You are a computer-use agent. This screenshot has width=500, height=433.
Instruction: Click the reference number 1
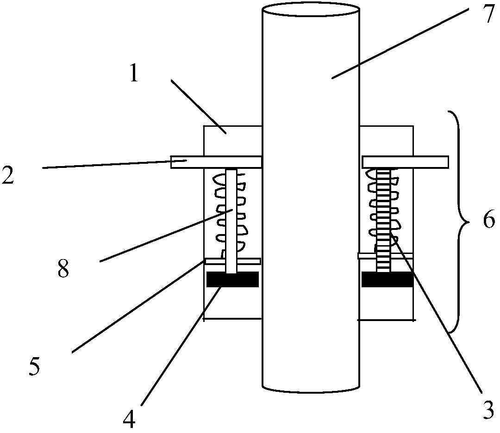click(134, 74)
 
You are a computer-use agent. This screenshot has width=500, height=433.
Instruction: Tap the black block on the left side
click(232, 279)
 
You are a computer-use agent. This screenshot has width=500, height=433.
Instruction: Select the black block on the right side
click(387, 279)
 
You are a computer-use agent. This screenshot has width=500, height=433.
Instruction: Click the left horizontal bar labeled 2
click(216, 162)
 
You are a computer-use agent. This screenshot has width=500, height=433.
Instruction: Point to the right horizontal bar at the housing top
click(405, 162)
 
